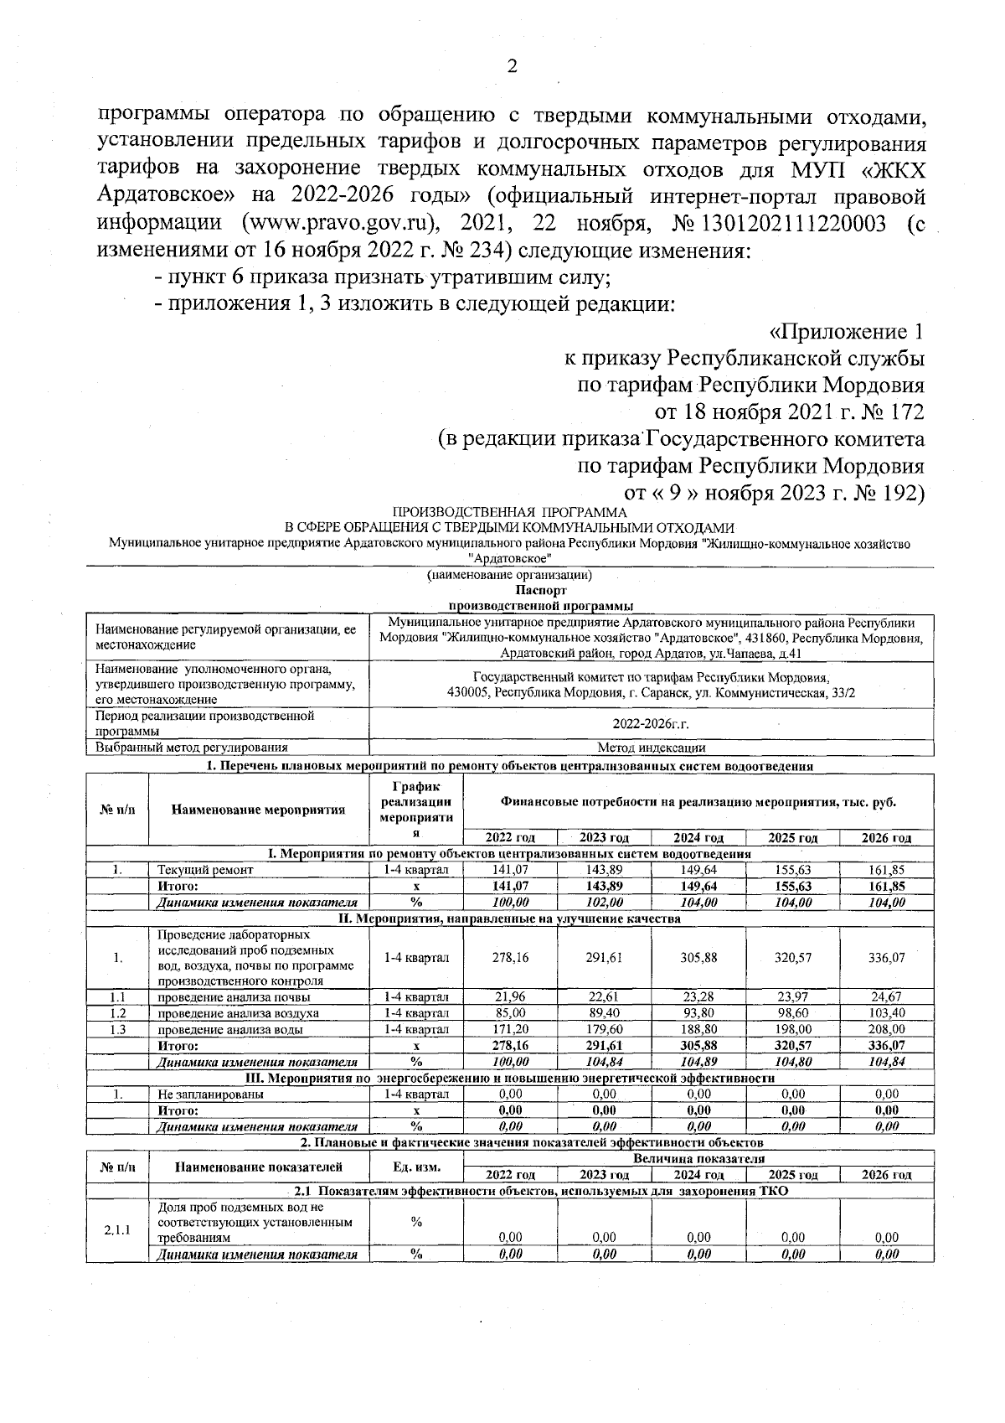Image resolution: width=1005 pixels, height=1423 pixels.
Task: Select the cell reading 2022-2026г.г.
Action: (651, 722)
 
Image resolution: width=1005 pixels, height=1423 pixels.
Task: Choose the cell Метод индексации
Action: (651, 747)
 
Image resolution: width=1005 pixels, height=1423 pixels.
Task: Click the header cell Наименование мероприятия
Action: (258, 809)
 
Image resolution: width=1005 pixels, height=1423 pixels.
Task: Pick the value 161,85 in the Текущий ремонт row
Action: (886, 870)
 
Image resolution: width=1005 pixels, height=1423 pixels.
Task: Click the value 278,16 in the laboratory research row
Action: (510, 957)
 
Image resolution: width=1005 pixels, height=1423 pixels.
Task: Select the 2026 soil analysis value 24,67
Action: (886, 996)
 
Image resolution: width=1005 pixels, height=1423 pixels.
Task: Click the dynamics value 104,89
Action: (698, 1062)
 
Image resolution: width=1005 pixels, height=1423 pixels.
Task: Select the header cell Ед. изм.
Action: (415, 1167)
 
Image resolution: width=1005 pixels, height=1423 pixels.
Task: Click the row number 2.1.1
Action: (117, 1229)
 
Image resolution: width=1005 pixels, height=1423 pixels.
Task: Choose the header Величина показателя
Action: (698, 1158)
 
